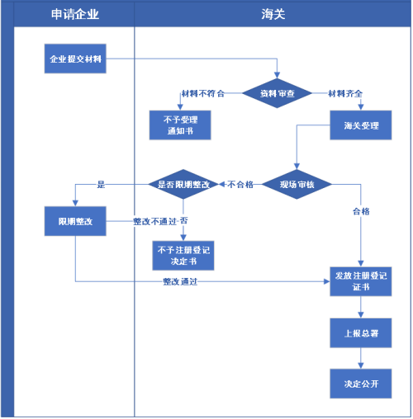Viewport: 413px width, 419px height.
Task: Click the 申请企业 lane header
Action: (74, 15)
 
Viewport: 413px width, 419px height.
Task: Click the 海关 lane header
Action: (274, 15)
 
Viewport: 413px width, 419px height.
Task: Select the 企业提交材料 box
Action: (75, 59)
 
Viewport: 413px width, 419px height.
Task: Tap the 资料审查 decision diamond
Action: (277, 93)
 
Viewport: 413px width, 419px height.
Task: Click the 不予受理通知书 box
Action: (180, 125)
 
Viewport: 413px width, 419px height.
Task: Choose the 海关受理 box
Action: (360, 125)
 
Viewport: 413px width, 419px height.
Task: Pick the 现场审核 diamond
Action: (297, 184)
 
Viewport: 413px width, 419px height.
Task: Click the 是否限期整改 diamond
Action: (183, 184)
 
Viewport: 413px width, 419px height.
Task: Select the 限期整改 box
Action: (75, 221)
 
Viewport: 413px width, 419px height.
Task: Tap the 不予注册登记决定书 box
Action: (183, 256)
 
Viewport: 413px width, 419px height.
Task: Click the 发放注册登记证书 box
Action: (360, 281)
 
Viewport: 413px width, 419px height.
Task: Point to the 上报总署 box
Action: (360, 333)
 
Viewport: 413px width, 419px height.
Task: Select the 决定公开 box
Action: (360, 384)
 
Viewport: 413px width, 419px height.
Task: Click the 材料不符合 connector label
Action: (202, 93)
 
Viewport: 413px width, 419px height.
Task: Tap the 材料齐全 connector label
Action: (345, 93)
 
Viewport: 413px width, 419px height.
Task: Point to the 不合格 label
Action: (240, 185)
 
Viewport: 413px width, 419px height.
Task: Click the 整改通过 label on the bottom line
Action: (180, 282)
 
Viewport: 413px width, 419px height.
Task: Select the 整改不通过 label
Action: (154, 221)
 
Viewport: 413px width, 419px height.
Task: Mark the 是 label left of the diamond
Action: (101, 185)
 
